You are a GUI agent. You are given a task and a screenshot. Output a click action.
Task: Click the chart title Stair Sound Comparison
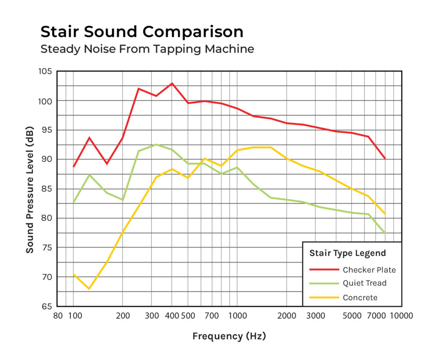point(142,32)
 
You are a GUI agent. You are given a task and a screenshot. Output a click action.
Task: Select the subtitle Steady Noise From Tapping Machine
point(147,49)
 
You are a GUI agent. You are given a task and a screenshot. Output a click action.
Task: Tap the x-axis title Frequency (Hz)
point(229,336)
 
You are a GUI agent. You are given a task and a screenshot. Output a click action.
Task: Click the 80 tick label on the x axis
point(58,316)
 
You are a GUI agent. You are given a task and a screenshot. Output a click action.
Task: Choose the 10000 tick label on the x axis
point(400,316)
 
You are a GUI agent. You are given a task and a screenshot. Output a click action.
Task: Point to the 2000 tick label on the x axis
point(286,316)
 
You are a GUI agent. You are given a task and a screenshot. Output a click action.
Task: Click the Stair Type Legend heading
point(347,253)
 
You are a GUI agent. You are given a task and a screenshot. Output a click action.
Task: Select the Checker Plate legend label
point(369,270)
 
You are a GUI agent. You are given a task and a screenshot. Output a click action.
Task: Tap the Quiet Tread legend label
point(364,283)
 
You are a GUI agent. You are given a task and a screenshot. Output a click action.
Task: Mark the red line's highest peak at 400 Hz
point(172,83)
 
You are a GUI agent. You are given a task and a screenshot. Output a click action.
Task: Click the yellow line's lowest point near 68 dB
point(89,289)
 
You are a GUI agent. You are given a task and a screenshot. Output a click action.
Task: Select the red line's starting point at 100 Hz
point(73,167)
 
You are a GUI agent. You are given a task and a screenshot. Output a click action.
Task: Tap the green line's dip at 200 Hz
point(122,200)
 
